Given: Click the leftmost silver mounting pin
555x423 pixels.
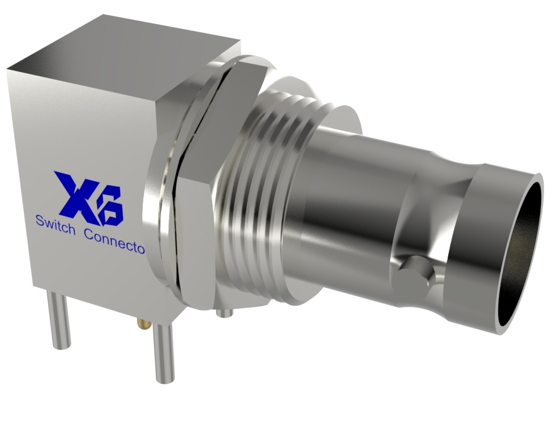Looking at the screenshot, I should click(x=61, y=323).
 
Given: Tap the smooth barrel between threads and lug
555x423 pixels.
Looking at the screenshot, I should click(x=360, y=202).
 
